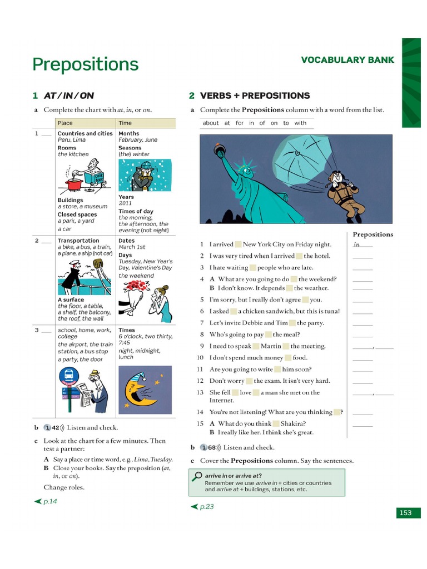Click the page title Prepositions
(85, 64)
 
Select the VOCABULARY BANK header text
(347, 60)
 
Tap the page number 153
(405, 513)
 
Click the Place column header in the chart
(65, 123)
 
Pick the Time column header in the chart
(125, 123)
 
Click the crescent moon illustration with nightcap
(140, 389)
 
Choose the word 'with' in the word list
(300, 123)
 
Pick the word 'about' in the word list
(211, 123)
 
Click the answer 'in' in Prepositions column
(356, 244)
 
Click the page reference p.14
(50, 501)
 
